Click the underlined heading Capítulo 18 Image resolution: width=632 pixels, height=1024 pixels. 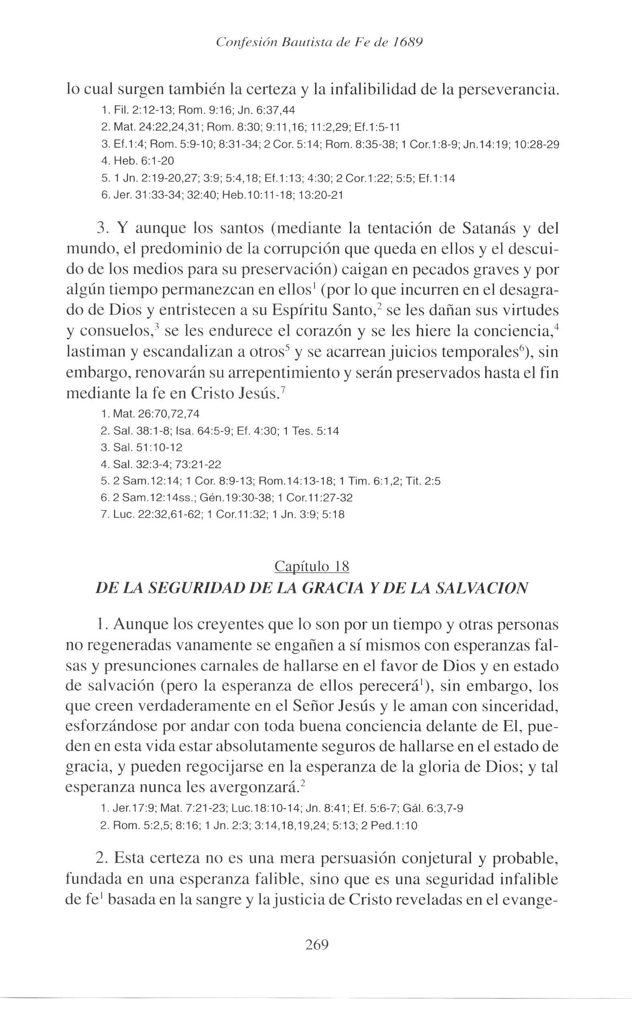(x=312, y=566)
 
